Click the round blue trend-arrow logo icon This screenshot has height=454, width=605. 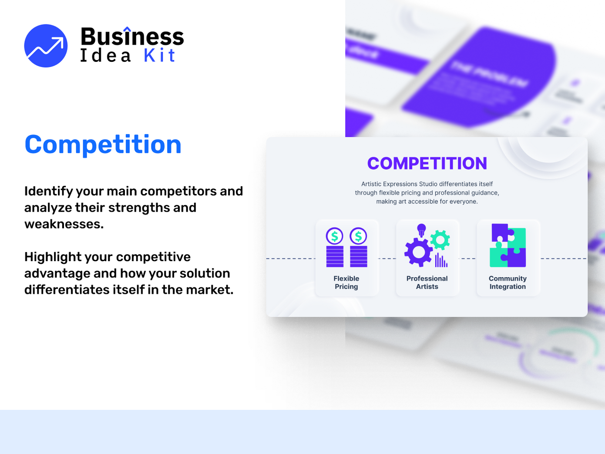coord(46,46)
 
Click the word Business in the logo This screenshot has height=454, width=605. coord(132,37)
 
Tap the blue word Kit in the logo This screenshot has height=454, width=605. coord(159,56)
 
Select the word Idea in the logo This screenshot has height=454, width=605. coord(105,56)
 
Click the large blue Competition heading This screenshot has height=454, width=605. coord(103,145)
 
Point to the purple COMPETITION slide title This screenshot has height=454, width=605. coord(427,163)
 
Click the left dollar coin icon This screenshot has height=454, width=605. coord(335,236)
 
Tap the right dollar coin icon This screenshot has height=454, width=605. coord(358,236)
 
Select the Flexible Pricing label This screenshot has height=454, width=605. coord(346,282)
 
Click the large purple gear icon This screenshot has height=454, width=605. coord(418,252)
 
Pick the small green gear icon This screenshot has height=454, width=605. coord(440,240)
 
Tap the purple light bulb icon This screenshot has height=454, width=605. coord(421,229)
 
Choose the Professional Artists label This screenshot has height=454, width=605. coord(427,282)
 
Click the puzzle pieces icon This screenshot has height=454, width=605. coord(508,245)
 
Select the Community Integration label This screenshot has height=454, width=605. coord(508,282)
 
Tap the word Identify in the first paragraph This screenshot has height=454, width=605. coord(48,191)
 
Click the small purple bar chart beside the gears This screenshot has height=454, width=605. coord(441,260)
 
